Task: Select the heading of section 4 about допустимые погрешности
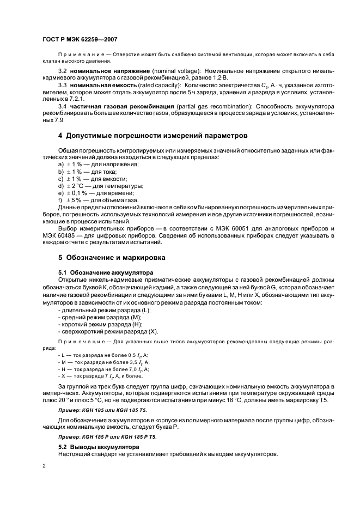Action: click(x=153, y=135)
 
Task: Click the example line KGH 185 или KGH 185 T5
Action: click(x=104, y=409)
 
